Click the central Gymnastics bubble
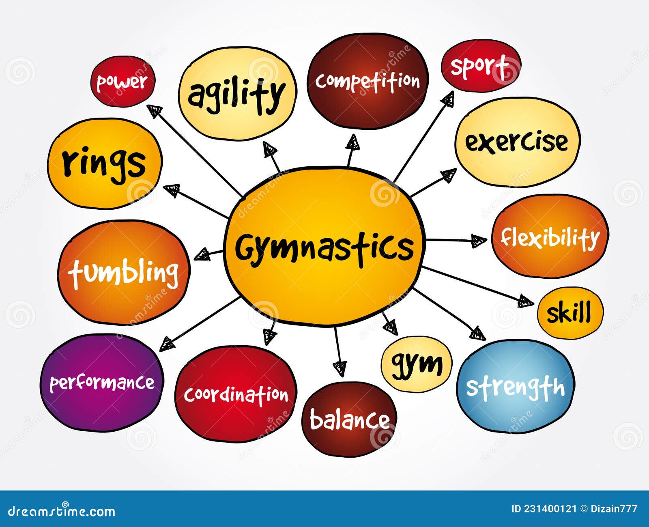tap(324, 247)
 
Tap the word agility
tap(236, 95)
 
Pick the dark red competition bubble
tap(367, 81)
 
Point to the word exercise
tap(516, 142)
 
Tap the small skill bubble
tap(569, 313)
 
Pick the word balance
tap(349, 419)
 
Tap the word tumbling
tap(123, 272)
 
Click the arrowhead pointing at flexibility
tap(480, 241)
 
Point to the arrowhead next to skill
tap(526, 301)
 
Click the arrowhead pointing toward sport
tap(448, 99)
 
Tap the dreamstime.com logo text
tap(61, 510)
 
